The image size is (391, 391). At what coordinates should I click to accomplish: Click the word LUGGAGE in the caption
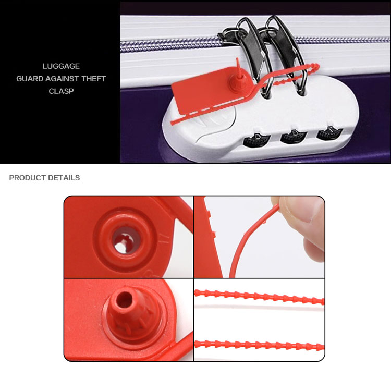[x=61, y=66]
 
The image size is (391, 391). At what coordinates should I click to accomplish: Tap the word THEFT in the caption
[x=94, y=79]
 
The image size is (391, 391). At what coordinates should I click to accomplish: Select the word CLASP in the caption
[x=61, y=91]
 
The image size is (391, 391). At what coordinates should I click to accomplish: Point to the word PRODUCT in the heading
[x=28, y=178]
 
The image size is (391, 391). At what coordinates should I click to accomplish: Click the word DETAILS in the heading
[x=64, y=178]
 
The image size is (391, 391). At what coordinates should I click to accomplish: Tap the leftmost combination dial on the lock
[x=256, y=140]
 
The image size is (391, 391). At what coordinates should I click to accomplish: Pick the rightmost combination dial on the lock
[x=329, y=133]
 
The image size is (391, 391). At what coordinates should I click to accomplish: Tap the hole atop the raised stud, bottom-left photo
[x=124, y=299]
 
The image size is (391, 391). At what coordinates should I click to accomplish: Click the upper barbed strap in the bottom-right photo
[x=259, y=297]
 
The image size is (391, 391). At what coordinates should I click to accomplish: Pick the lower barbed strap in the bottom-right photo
[x=259, y=345]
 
